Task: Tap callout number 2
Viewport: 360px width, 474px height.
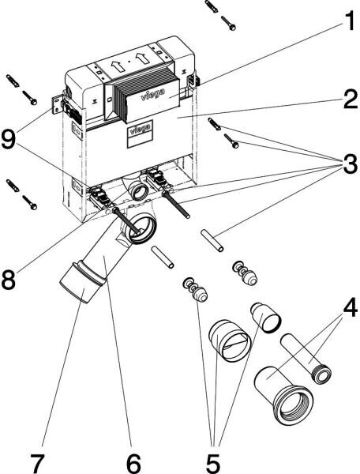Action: [351, 99]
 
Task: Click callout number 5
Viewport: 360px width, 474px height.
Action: [214, 461]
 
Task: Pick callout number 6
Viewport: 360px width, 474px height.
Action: [133, 461]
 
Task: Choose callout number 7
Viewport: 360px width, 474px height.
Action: [39, 461]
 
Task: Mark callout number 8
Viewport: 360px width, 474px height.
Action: [9, 280]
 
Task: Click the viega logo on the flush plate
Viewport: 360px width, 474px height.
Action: [153, 94]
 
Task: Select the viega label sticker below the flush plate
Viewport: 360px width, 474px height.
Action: [140, 134]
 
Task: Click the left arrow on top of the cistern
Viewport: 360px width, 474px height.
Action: [118, 66]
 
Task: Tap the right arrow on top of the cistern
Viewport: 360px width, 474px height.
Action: [142, 58]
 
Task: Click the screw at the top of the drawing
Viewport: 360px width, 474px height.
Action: [228, 23]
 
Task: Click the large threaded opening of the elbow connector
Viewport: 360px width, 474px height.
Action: [293, 405]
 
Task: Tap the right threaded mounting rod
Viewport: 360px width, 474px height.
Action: [176, 205]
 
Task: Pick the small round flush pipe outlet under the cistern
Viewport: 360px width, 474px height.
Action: [137, 191]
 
